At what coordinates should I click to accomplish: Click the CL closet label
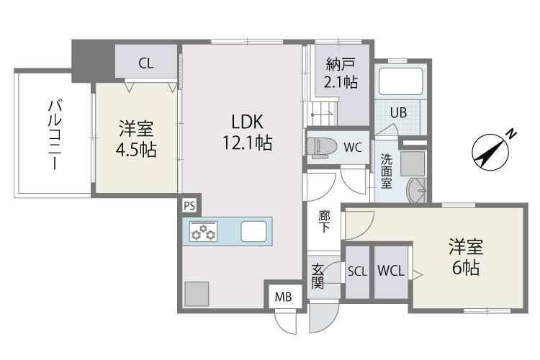click(x=145, y=63)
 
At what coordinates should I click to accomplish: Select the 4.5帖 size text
click(x=136, y=150)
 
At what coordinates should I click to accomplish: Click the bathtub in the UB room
click(x=400, y=81)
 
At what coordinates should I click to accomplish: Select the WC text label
click(x=353, y=148)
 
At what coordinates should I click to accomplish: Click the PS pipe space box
click(x=189, y=206)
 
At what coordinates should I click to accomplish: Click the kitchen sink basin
click(x=253, y=232)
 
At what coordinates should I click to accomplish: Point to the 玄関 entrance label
click(x=318, y=276)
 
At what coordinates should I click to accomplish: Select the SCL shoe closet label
click(x=357, y=271)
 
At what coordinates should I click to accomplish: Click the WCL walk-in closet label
click(x=390, y=271)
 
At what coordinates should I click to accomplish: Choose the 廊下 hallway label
click(x=325, y=220)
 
